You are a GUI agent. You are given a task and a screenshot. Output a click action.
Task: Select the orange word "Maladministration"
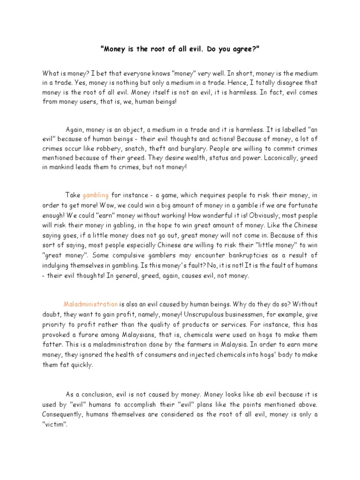(90, 304)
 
